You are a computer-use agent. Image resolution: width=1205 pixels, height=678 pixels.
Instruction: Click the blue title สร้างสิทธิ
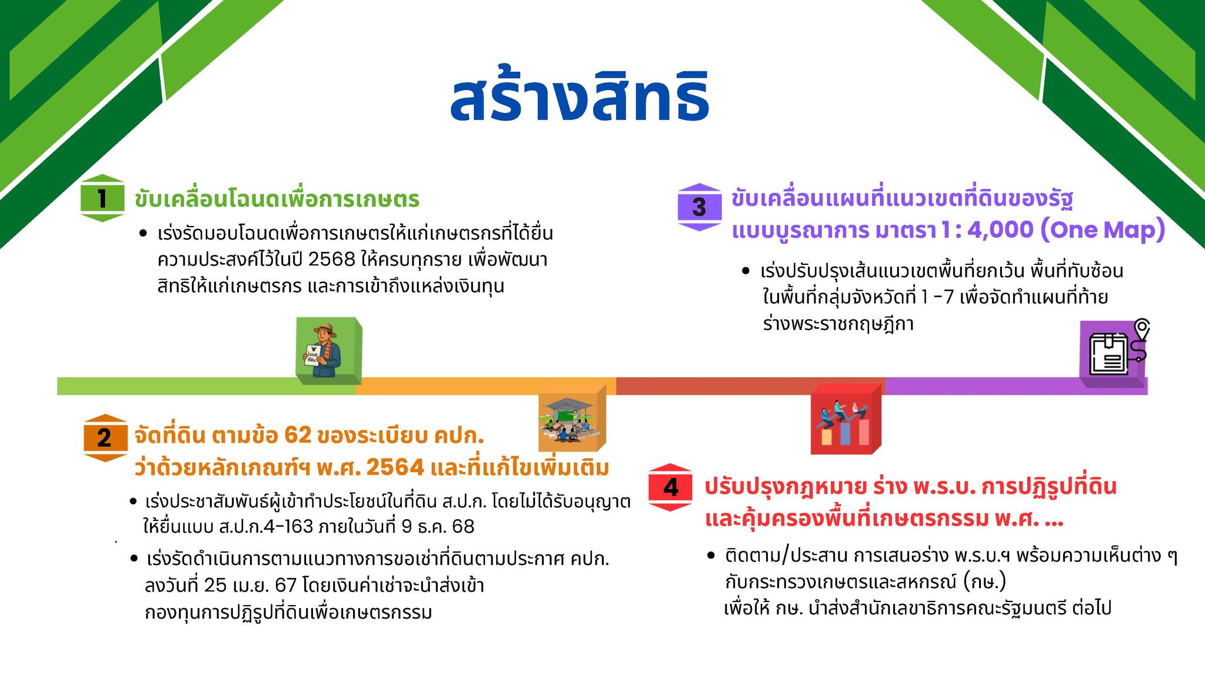pos(580,97)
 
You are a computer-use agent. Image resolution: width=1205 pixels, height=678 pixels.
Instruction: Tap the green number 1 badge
pos(102,198)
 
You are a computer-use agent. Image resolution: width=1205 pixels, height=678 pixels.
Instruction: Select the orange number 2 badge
pos(105,438)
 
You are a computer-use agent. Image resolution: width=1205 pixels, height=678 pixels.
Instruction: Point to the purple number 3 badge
pos(700,207)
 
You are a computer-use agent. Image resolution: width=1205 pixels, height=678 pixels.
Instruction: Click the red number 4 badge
pos(670,487)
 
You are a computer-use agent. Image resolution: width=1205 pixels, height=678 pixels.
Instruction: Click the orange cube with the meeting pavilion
pos(572,418)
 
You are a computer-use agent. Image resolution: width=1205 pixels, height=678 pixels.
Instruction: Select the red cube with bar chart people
pos(846,419)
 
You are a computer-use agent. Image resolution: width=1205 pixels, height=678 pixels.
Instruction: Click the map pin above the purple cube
pos(1142,329)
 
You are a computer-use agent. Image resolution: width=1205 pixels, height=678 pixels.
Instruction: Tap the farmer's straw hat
pos(325,330)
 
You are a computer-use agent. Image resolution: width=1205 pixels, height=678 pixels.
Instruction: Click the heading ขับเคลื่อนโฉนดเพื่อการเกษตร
pos(277,199)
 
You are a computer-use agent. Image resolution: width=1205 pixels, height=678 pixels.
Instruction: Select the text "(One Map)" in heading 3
pos(1103,230)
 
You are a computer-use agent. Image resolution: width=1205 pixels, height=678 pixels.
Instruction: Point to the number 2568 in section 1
pos(332,260)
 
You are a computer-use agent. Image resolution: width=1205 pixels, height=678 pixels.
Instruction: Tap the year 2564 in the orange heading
pos(395,468)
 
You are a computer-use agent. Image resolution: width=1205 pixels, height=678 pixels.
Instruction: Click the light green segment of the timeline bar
pos(206,386)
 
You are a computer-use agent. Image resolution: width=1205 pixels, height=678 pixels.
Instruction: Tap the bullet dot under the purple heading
pos(746,271)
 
